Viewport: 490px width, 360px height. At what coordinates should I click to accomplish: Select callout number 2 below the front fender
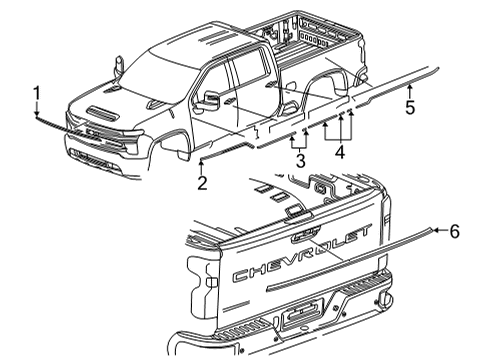click(x=201, y=182)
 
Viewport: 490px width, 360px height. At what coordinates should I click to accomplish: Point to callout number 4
click(x=340, y=153)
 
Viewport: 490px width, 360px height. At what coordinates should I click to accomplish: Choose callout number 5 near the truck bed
click(x=409, y=108)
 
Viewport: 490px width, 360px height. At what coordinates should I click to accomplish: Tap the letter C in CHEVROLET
click(x=240, y=276)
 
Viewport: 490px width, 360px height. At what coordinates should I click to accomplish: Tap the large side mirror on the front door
click(x=212, y=100)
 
